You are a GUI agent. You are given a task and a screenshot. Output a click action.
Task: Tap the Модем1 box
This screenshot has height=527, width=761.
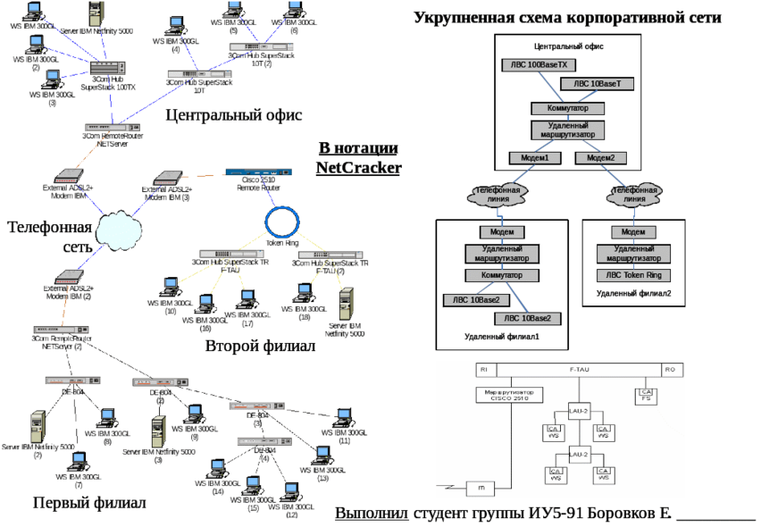[x=534, y=157]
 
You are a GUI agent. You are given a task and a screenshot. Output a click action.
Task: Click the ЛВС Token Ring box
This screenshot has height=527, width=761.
[x=633, y=275]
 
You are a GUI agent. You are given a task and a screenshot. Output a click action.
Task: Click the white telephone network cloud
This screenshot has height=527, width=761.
[x=119, y=230]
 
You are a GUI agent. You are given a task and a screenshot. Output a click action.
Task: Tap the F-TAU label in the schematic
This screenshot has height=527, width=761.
[x=581, y=368]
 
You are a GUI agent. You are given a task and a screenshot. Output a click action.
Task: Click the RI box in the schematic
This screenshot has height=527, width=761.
[x=482, y=368]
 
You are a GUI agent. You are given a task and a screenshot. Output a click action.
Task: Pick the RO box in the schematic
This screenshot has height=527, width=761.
[x=669, y=368]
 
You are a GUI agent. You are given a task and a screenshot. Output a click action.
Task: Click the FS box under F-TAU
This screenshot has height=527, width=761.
[x=646, y=394]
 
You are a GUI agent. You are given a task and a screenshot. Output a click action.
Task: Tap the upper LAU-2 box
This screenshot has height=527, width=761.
[x=579, y=411]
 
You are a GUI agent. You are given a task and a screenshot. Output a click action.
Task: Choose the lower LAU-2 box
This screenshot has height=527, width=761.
[x=579, y=454]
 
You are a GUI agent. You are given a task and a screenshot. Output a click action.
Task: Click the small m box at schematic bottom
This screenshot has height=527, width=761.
[x=480, y=488]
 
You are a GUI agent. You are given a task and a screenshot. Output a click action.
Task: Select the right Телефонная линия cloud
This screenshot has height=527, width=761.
[x=633, y=195]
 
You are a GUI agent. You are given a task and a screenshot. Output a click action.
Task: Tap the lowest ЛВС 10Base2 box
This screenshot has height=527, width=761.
[x=529, y=318]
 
